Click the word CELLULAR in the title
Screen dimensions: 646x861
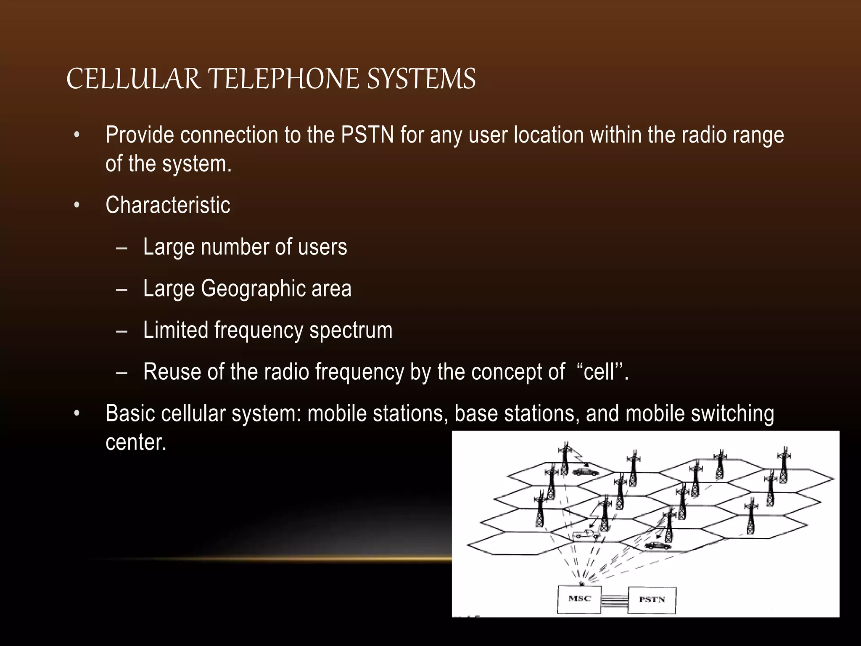click(133, 79)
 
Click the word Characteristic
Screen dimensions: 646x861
click(168, 205)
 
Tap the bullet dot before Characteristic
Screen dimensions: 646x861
click(77, 206)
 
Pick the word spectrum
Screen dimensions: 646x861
click(351, 331)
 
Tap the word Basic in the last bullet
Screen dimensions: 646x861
click(130, 413)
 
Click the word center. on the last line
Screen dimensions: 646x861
click(136, 442)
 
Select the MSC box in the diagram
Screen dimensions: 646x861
click(579, 599)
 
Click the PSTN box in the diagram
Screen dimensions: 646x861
click(652, 600)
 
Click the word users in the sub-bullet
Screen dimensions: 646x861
click(322, 247)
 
